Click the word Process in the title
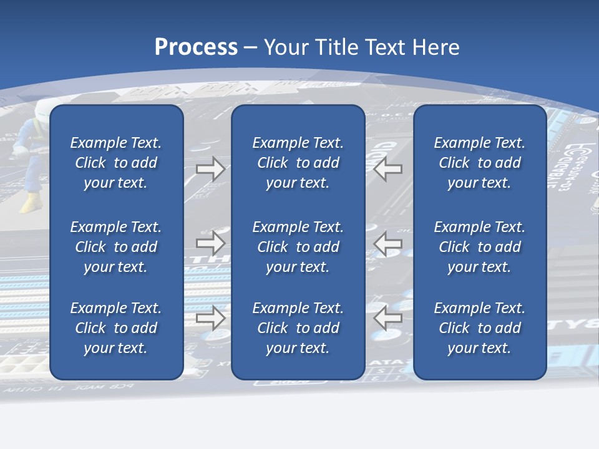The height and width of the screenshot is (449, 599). pos(196,47)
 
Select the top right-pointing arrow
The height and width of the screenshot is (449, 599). pos(210,169)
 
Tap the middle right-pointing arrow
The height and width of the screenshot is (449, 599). pos(210,243)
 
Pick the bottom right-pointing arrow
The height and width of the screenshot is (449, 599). pos(210,318)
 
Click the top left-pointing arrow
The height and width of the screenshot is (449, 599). pos(388,169)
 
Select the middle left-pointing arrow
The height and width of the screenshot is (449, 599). pos(388,243)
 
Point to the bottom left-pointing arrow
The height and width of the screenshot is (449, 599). pos(388,318)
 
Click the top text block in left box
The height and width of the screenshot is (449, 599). pos(116,163)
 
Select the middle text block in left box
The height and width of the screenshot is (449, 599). pos(116,247)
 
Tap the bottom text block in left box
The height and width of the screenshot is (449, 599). pos(116,328)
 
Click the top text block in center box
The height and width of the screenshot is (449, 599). pos(298,163)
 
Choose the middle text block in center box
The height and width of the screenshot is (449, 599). pos(298,247)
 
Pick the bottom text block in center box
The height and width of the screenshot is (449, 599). pos(298,328)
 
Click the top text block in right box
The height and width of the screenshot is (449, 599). pos(479,163)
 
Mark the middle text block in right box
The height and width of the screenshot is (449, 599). pos(479,247)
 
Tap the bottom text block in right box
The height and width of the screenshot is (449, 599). pos(479,328)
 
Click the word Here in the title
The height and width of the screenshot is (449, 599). pos(436,47)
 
